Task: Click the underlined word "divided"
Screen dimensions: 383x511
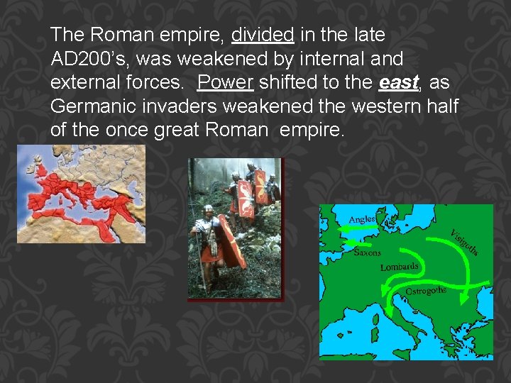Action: pyautogui.click(x=262, y=35)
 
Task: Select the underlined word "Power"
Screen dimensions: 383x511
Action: pyautogui.click(x=225, y=83)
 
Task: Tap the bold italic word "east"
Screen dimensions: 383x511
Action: pyautogui.click(x=397, y=83)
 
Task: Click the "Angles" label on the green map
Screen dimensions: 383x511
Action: pyautogui.click(x=361, y=219)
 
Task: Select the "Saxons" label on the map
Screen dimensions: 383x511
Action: pyautogui.click(x=367, y=252)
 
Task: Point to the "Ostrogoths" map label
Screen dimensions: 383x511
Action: pyautogui.click(x=425, y=291)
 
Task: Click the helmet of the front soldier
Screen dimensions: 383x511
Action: pyautogui.click(x=207, y=211)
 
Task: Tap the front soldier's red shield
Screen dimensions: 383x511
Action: pyautogui.click(x=231, y=241)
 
